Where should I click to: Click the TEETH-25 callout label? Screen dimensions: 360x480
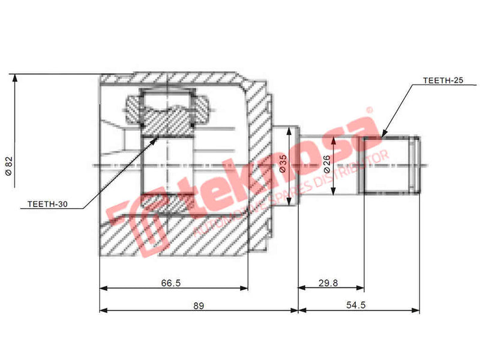click(x=443, y=80)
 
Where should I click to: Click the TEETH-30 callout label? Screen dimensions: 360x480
click(x=48, y=204)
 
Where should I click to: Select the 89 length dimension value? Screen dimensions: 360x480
click(x=199, y=305)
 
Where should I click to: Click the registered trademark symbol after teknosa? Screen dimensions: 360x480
click(x=369, y=110)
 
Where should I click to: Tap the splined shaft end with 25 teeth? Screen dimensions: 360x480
click(x=384, y=165)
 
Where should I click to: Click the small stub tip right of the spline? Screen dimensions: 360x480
click(x=414, y=165)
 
